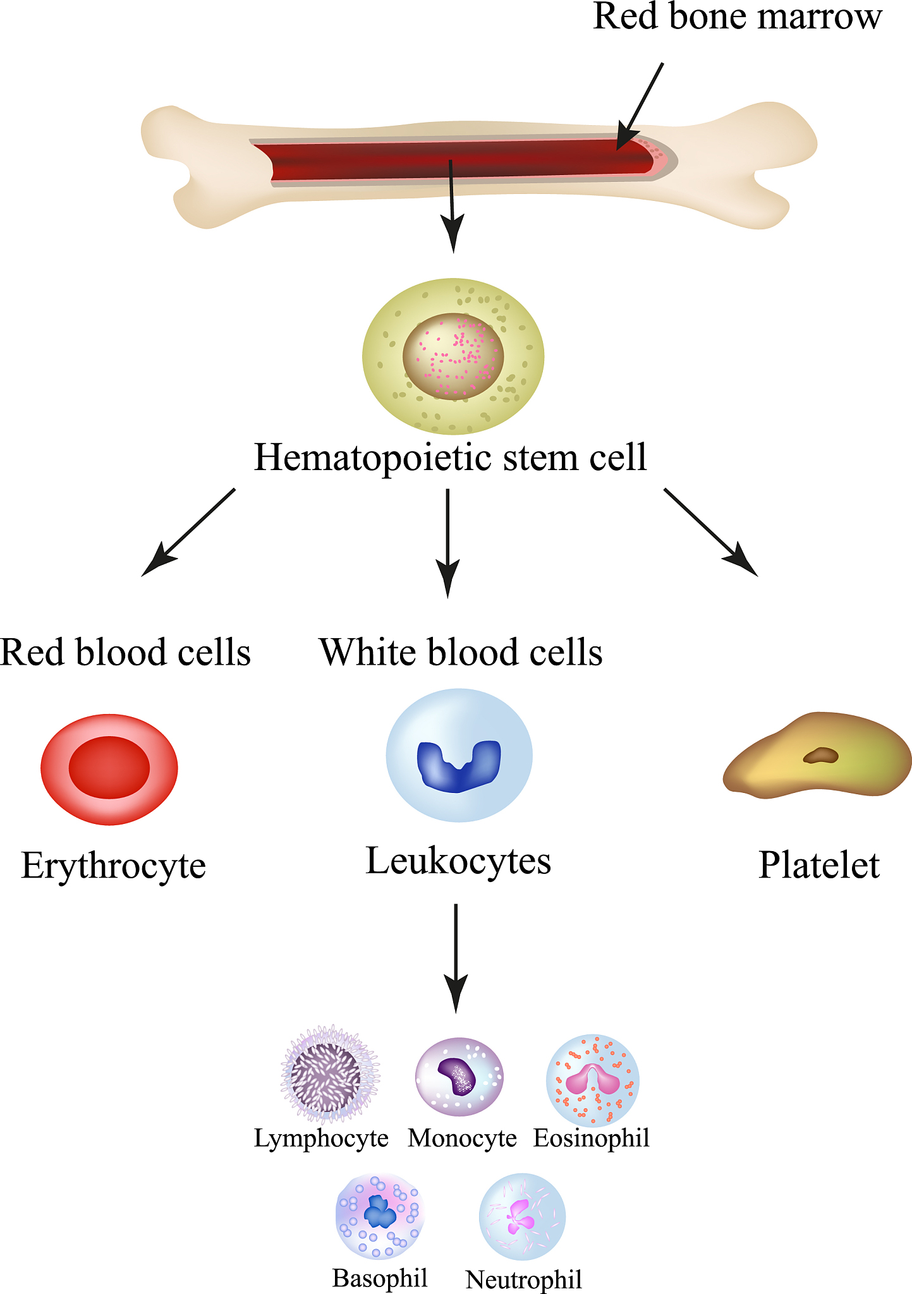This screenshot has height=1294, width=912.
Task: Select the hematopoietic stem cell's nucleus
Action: [453, 356]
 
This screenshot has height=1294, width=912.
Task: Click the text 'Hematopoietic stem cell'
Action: [450, 457]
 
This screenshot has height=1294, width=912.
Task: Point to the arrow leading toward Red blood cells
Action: [188, 531]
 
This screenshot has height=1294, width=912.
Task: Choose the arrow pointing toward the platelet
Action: [710, 531]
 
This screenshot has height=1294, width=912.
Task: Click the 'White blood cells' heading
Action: [461, 652]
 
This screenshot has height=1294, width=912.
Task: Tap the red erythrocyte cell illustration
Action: [109, 768]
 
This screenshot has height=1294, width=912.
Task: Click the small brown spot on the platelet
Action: [820, 755]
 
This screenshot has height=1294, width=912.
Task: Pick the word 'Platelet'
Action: [818, 865]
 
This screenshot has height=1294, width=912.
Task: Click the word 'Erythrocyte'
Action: [114, 865]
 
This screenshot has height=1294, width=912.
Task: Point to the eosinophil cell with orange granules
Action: [592, 1080]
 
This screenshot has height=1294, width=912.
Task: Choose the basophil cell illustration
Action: [379, 1216]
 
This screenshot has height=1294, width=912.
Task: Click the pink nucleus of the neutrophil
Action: [521, 1216]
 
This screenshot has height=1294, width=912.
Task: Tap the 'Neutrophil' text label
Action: [523, 1279]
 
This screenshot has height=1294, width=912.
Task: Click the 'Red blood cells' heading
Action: [125, 652]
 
